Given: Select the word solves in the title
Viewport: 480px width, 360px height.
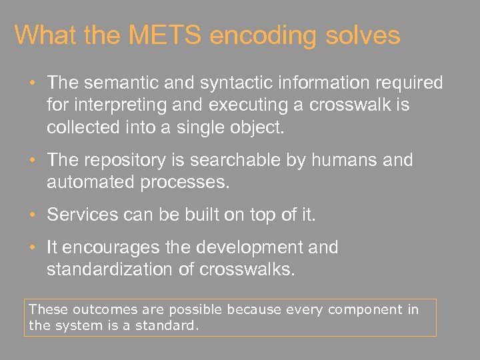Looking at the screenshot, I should (363, 35).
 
